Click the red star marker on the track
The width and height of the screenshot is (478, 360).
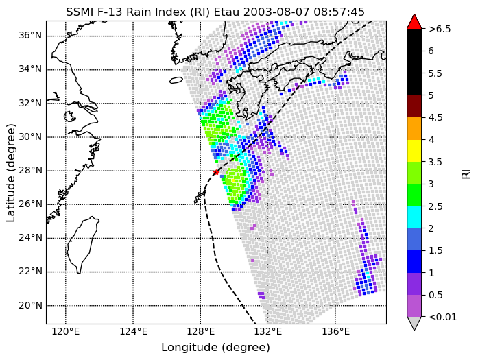216,172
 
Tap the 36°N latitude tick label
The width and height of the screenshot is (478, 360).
30,36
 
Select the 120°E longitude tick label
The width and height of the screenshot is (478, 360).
66,332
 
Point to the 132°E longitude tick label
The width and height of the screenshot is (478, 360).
268,332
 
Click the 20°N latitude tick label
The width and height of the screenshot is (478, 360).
30,305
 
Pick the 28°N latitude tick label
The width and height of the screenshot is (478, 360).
30,170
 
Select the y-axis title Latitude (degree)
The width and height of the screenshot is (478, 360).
11,173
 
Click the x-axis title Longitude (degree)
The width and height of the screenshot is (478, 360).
216,348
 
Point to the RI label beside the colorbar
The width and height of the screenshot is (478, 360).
466,174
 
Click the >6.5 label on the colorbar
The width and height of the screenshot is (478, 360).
440,29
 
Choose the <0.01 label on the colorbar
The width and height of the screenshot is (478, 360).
442,317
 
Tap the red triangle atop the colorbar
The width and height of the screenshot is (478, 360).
414,23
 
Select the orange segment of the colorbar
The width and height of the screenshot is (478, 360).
414,129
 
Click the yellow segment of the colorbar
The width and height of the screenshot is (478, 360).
414,151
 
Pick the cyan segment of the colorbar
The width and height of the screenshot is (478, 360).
414,217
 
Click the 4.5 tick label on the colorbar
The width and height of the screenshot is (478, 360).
435,118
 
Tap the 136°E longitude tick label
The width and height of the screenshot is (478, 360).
335,332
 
